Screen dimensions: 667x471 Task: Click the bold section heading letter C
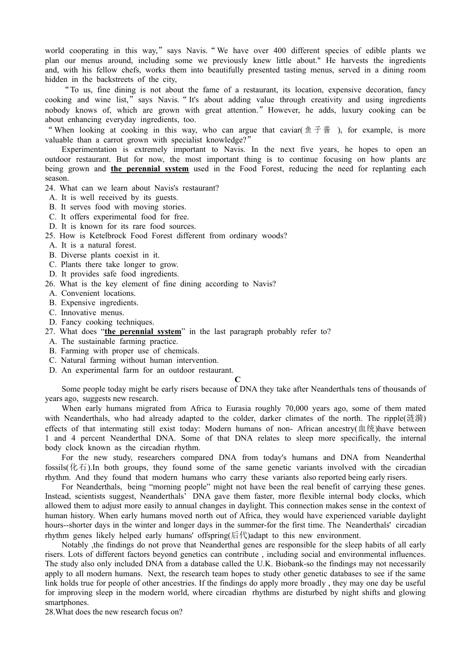[237, 380]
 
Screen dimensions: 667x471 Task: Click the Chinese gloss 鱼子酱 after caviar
[317, 130]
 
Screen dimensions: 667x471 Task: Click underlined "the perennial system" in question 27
[143, 332]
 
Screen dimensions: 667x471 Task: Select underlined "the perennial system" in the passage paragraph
[150, 169]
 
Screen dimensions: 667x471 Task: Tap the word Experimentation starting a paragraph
[90, 149]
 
